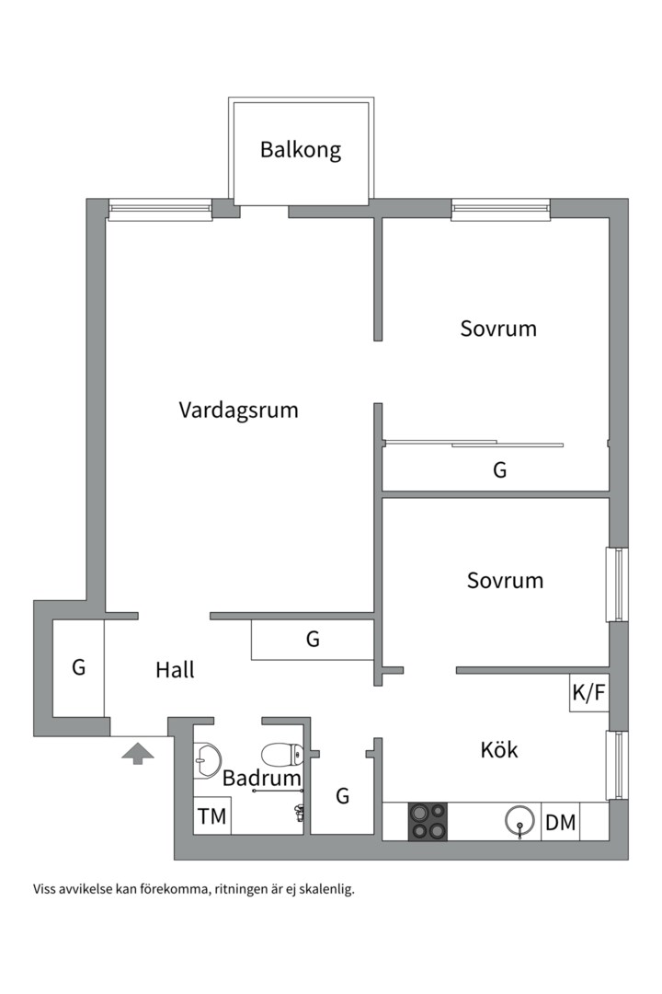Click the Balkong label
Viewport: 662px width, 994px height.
301,150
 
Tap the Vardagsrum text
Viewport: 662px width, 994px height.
239,410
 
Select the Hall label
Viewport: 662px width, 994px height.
175,670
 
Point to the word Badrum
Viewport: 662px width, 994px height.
262,779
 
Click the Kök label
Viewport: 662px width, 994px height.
499,750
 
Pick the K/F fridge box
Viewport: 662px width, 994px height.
589,694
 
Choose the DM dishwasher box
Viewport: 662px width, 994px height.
561,823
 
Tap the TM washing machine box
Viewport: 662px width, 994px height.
211,816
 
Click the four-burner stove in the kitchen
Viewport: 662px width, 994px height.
429,821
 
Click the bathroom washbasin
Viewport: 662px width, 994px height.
207,758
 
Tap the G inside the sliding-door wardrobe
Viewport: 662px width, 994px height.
500,470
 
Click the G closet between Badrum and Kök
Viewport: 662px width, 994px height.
343,796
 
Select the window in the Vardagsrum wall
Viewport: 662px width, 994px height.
161,210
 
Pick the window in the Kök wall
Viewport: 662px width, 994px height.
616,765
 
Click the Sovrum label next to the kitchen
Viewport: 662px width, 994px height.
505,581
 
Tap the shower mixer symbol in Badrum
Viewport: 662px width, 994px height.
300,812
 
